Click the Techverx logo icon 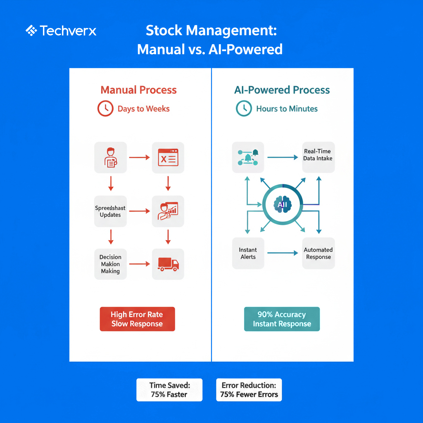[31, 31]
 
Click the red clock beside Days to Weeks [105, 109]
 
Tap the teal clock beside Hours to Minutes [244, 109]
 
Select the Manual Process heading [138, 90]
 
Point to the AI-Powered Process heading [282, 90]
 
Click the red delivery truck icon [168, 264]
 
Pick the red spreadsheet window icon [168, 157]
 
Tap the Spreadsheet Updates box [110, 211]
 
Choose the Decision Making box [110, 264]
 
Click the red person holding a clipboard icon [110, 157]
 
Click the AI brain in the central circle [283, 204]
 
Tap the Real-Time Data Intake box [318, 155]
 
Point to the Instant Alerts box [248, 253]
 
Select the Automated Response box [318, 253]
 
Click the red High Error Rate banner [137, 319]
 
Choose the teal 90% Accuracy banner [282, 319]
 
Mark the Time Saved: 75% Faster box [169, 390]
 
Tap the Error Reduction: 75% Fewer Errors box [249, 390]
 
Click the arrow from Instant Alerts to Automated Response [283, 253]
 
